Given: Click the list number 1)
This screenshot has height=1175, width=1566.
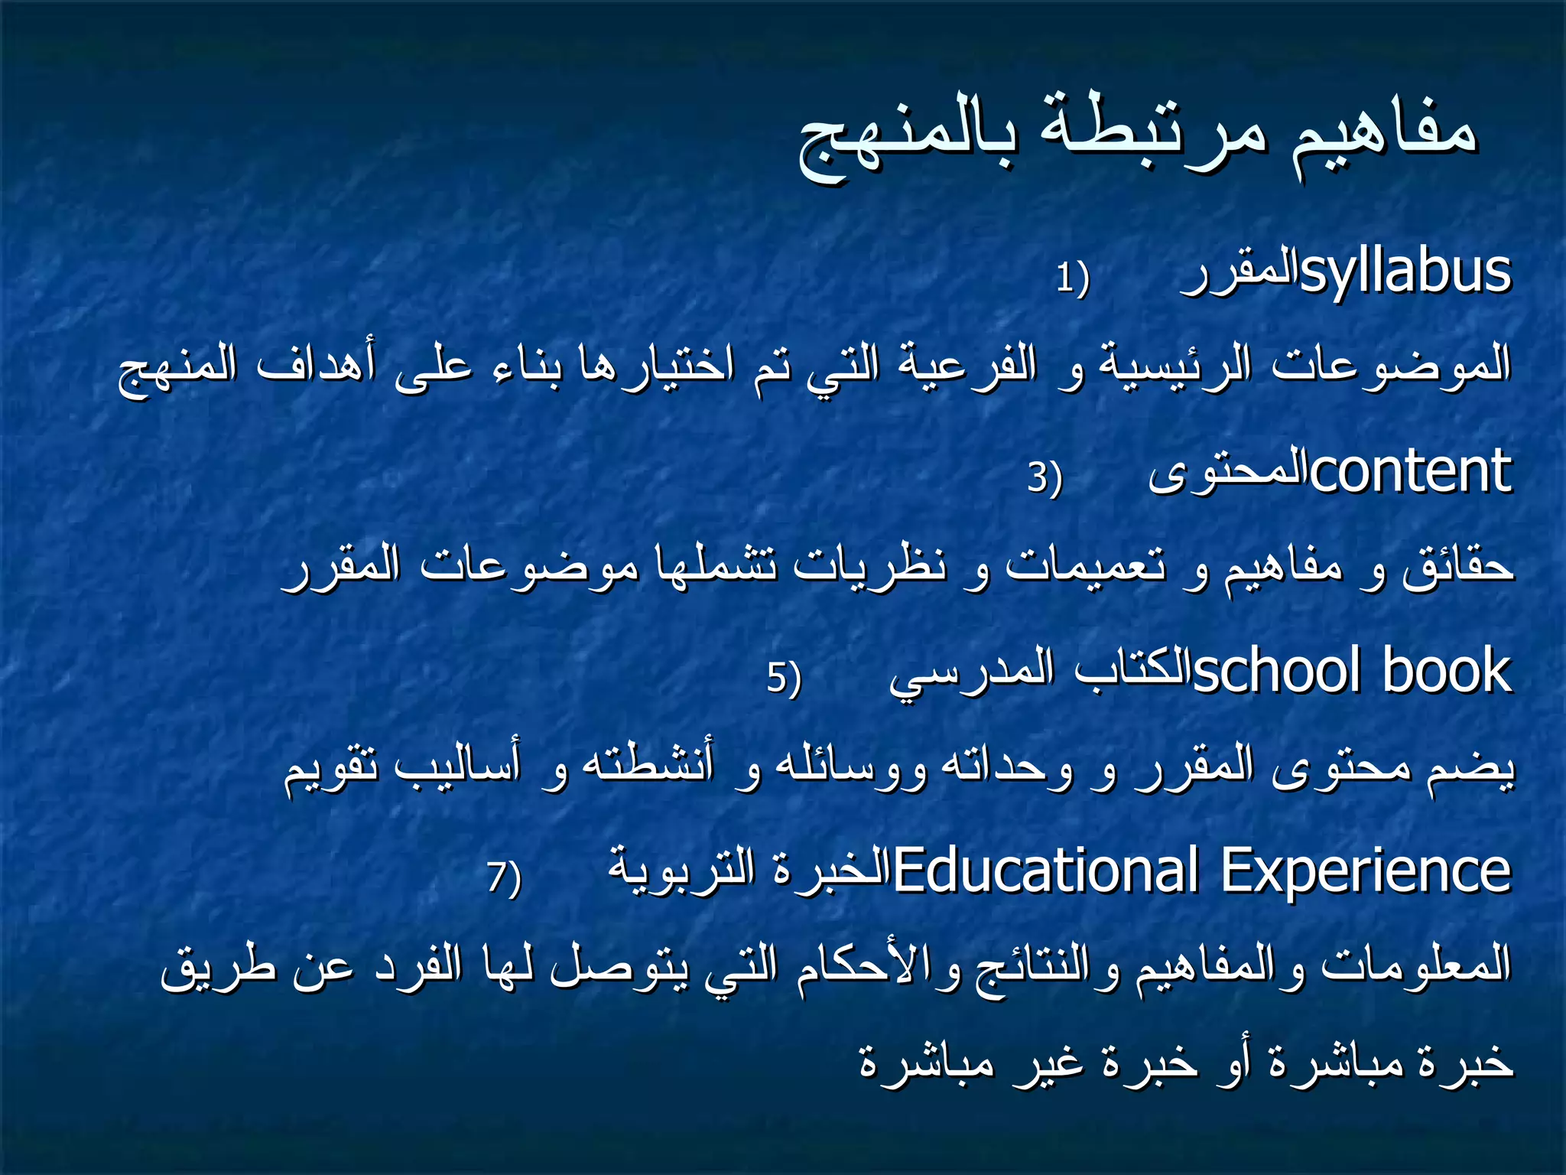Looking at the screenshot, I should tap(1072, 279).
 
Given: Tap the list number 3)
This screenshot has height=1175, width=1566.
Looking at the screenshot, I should tap(1045, 478).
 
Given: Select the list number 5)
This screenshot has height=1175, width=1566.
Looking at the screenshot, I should tap(784, 678).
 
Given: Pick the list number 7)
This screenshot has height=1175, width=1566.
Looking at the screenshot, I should tap(504, 877).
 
